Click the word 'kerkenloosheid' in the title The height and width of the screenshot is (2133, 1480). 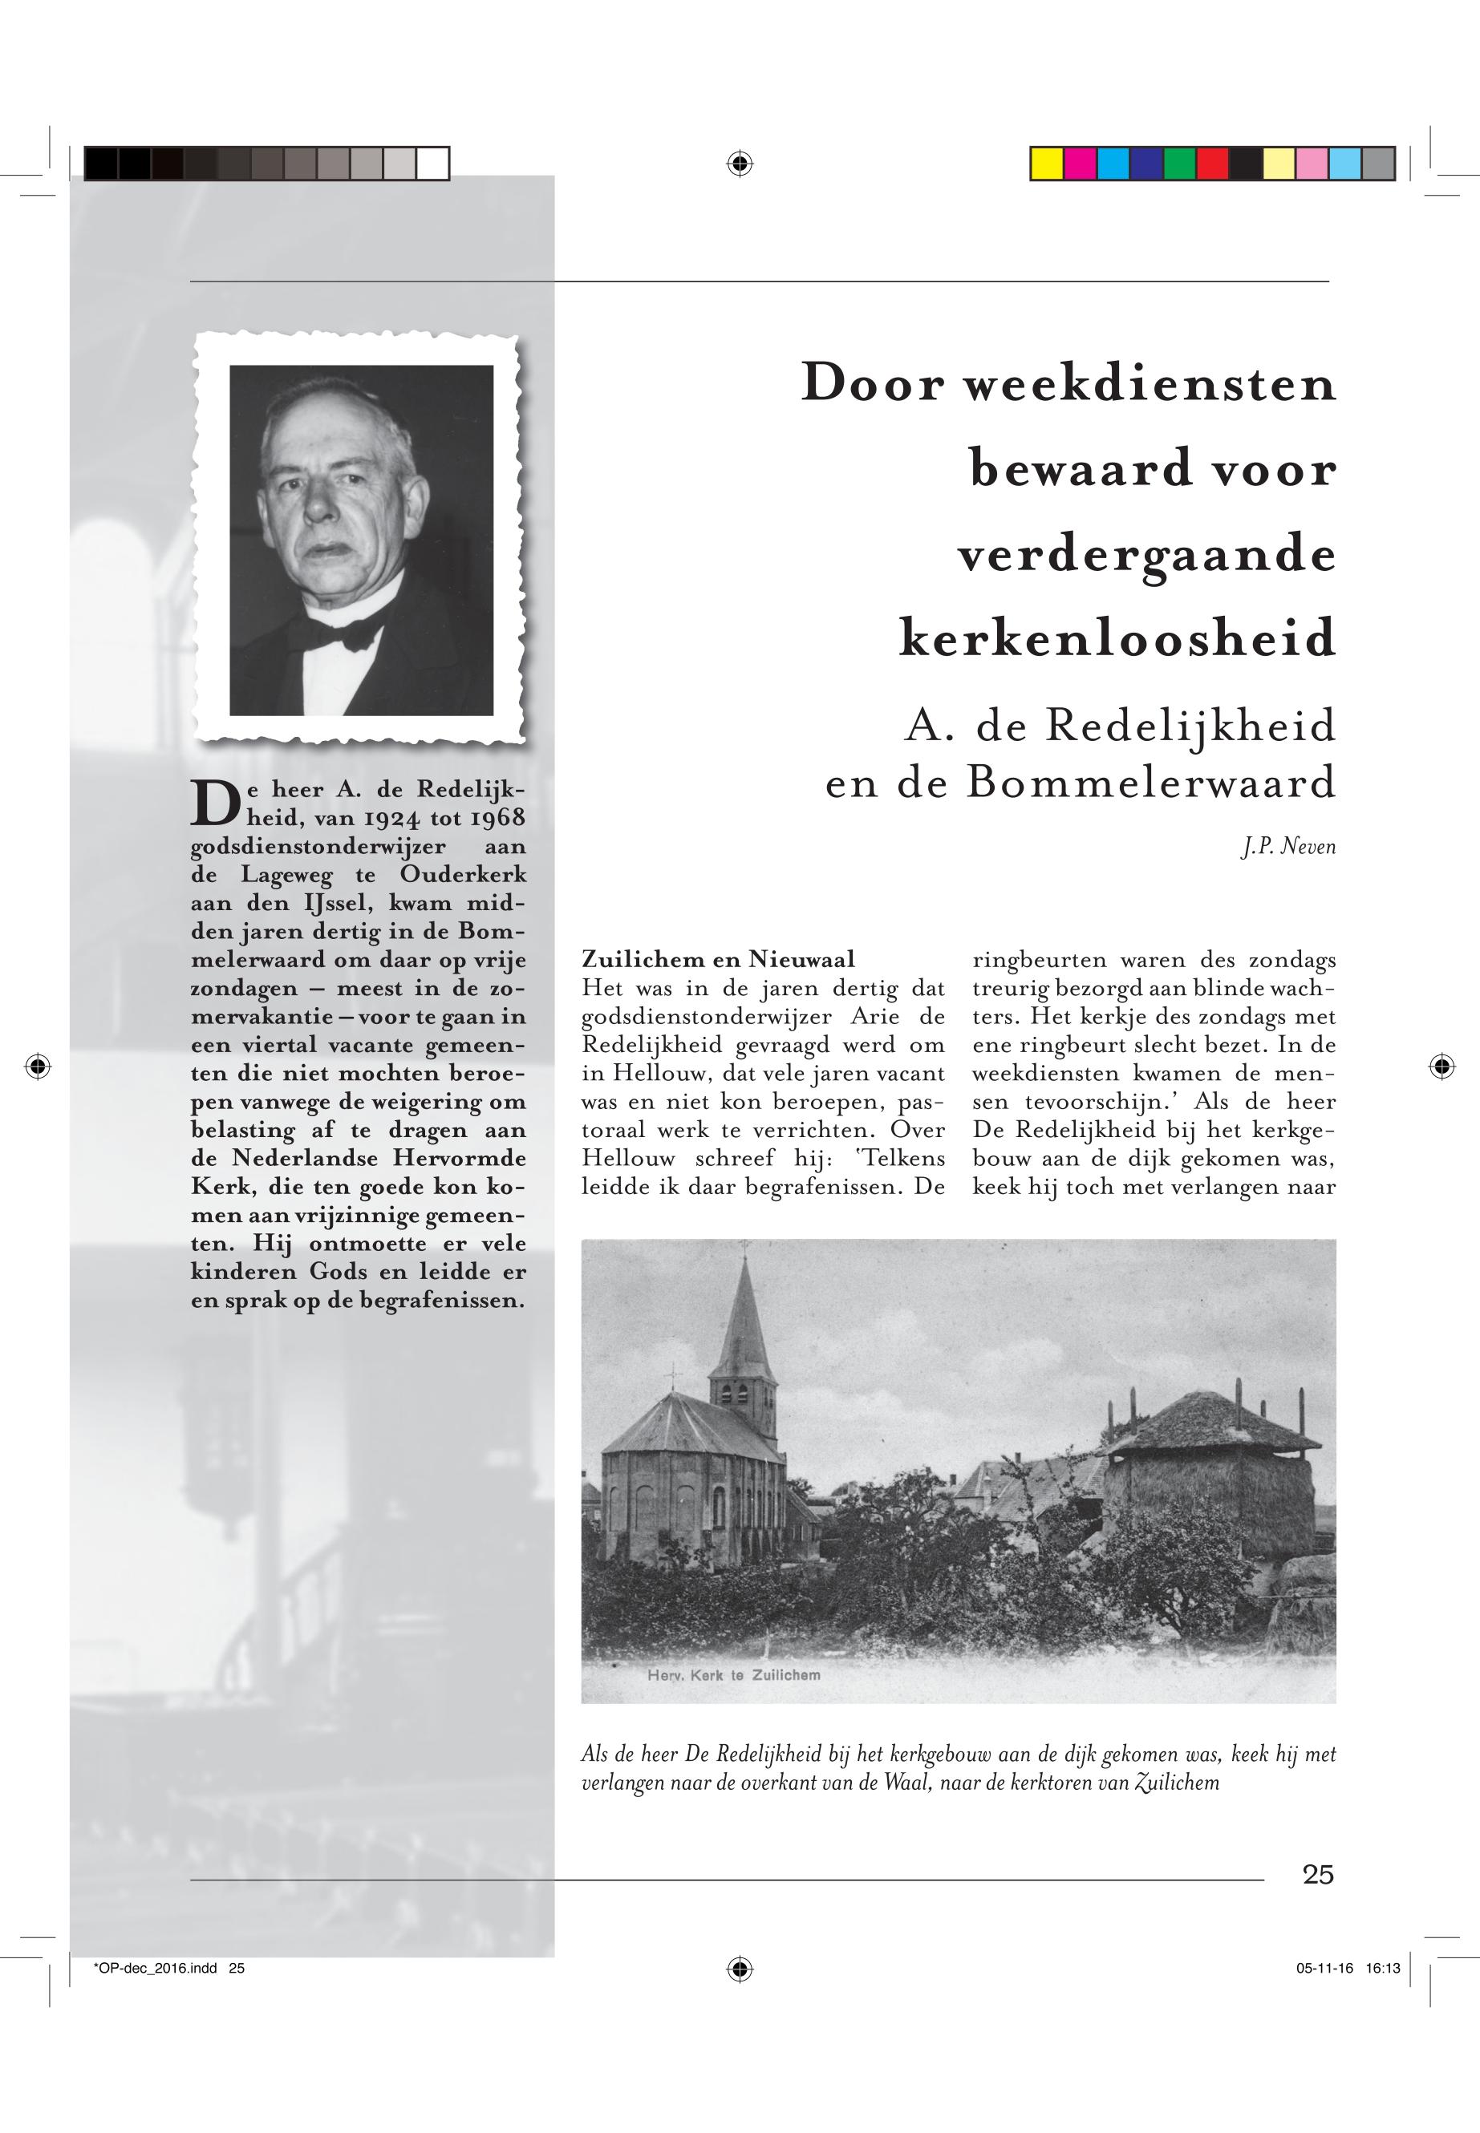1117,638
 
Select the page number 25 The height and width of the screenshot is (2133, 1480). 1318,1874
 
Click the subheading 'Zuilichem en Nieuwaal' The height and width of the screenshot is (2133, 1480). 718,958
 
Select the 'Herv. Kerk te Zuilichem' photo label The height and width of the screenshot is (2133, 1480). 732,1675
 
